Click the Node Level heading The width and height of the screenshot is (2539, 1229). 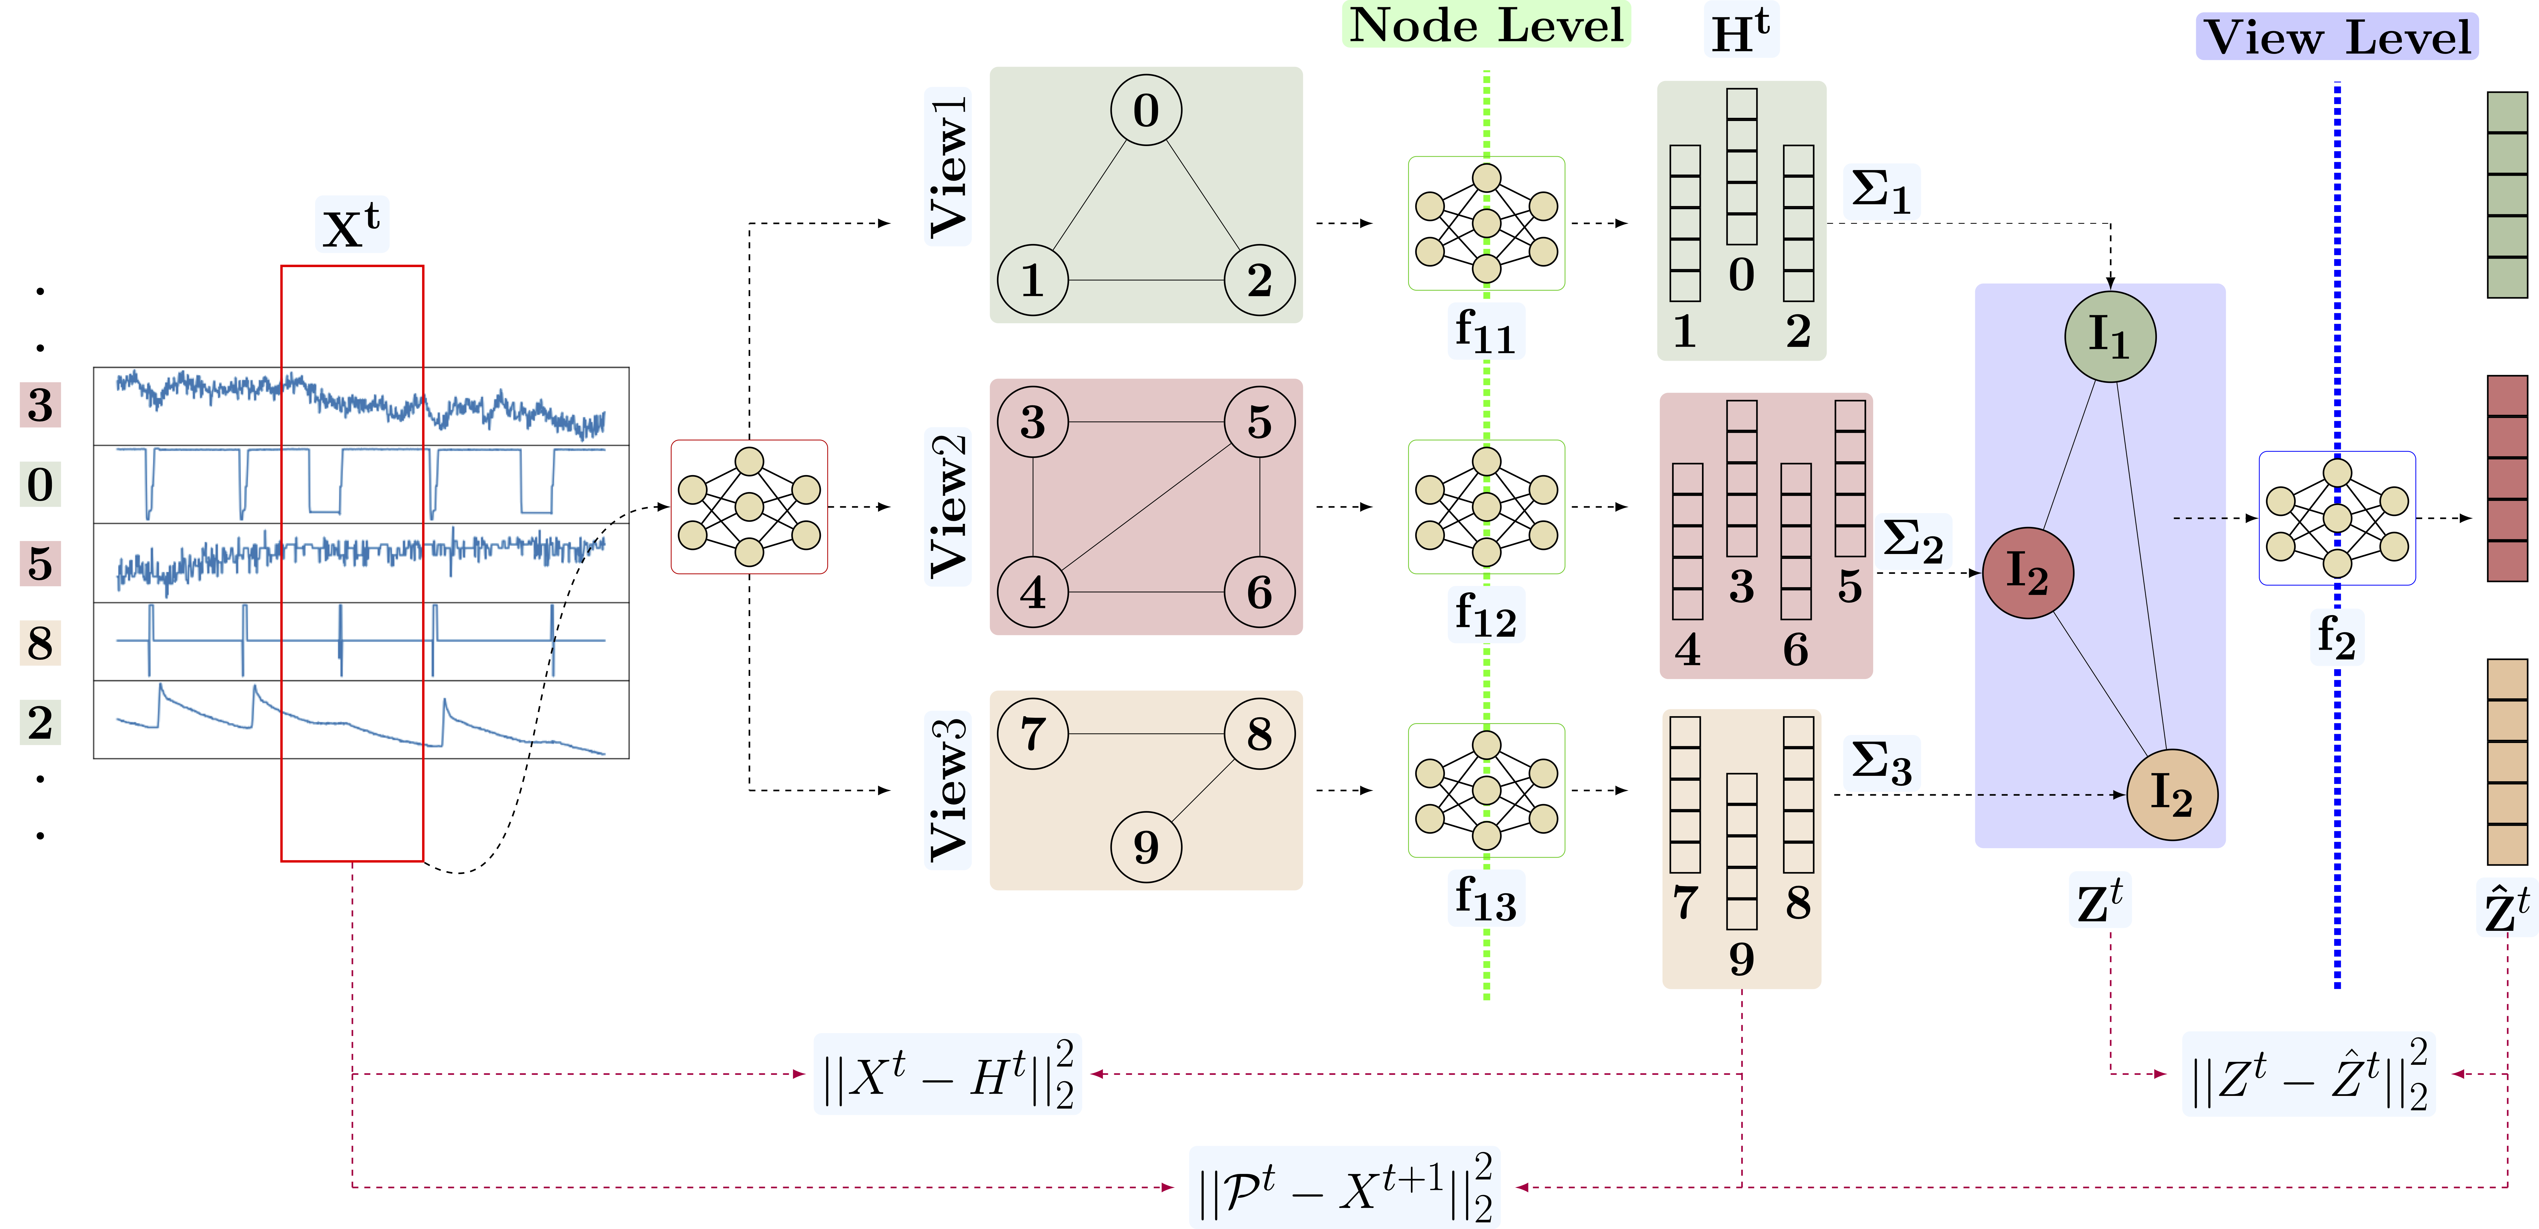pos(1486,25)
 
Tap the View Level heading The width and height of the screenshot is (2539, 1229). pos(2337,37)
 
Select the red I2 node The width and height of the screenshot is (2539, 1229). pos(2028,573)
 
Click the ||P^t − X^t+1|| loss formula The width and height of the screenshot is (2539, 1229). pos(1344,1188)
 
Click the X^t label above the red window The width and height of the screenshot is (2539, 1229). pos(352,225)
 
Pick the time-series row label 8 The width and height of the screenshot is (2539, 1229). pos(40,642)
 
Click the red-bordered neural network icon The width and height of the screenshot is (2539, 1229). pos(749,506)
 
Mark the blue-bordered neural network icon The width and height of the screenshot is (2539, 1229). pos(2337,518)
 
